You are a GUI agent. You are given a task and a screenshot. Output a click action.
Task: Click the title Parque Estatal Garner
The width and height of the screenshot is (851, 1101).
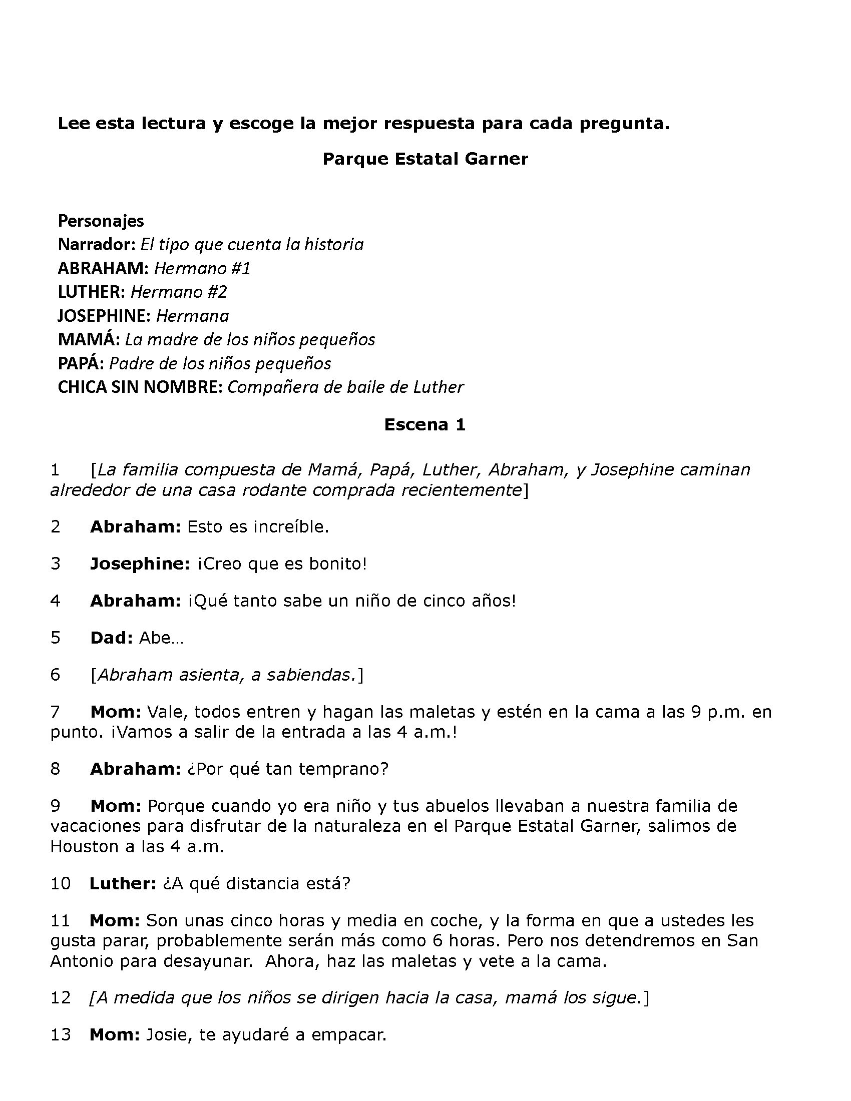425,159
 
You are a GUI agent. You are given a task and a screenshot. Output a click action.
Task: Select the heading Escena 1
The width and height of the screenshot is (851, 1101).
424,424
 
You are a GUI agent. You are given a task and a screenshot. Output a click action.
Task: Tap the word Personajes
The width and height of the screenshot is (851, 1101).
101,221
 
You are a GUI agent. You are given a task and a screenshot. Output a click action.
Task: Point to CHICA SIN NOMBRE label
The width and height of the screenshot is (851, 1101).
140,387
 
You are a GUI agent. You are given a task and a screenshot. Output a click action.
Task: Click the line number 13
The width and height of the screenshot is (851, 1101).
61,1035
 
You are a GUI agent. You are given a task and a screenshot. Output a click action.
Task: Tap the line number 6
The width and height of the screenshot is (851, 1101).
55,675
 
